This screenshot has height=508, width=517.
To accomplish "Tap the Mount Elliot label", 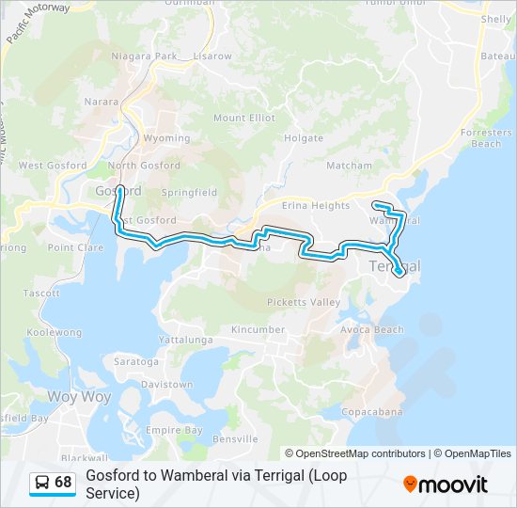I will click(x=244, y=118).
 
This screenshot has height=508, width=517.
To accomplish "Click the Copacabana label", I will click(x=371, y=412).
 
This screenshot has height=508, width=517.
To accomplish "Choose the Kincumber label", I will click(x=258, y=330).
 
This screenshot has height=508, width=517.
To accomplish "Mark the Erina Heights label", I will click(x=318, y=205).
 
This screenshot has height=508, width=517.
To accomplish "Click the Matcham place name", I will click(x=350, y=166).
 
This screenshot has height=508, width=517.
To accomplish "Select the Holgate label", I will click(x=304, y=138).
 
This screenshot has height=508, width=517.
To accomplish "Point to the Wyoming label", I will click(x=166, y=138).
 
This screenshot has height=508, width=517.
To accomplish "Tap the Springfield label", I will click(x=189, y=192).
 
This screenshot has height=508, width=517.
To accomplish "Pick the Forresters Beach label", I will click(x=486, y=138).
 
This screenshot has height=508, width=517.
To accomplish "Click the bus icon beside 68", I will click(x=42, y=483).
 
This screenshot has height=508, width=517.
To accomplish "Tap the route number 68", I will click(x=63, y=483).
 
